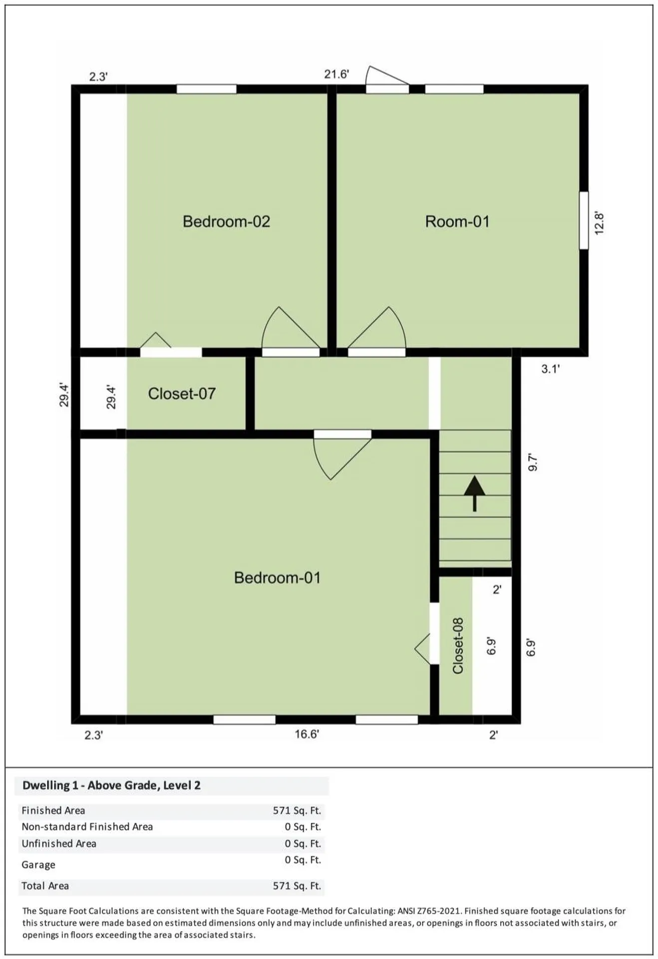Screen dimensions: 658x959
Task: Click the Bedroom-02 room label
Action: point(226,221)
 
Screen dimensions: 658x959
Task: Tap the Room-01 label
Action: point(457,221)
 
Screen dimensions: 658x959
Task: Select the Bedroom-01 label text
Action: point(277,578)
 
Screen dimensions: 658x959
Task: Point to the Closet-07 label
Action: point(182,394)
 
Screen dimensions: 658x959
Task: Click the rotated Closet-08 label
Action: point(458,646)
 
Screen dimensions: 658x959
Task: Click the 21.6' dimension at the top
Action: point(336,74)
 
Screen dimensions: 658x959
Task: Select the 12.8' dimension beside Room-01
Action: point(600,223)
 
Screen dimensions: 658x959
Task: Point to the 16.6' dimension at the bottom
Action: point(307,734)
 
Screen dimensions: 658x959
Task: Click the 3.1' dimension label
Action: point(551,369)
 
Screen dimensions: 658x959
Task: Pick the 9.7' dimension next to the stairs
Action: point(533,462)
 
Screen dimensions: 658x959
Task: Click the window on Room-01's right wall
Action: point(584,220)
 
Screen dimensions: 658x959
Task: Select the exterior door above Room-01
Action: point(387,80)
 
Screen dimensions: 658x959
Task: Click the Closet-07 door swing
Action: point(156,340)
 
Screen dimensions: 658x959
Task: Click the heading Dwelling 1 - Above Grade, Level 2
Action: point(111,786)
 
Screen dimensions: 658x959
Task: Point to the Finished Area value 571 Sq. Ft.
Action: point(297,811)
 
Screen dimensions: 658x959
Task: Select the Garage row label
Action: point(38,865)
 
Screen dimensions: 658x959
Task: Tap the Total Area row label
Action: point(45,886)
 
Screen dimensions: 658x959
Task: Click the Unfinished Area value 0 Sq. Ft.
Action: point(303,844)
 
